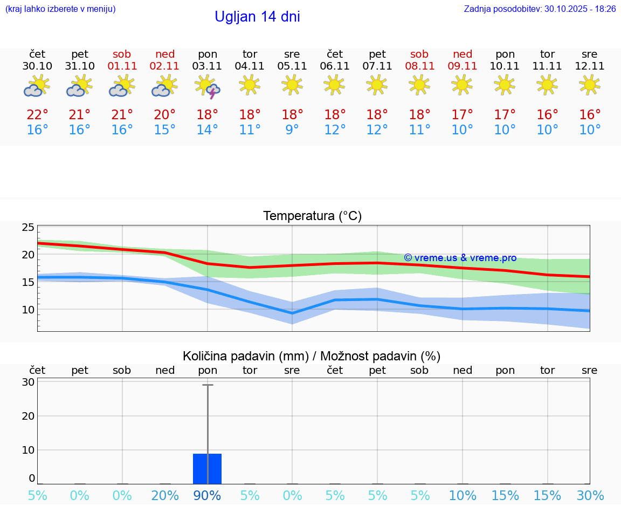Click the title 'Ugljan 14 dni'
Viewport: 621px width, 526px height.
coord(257,17)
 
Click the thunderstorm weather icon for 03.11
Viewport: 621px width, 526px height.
coord(208,86)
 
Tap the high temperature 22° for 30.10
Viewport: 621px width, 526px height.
coord(37,115)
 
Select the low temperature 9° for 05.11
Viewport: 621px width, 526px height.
coord(292,130)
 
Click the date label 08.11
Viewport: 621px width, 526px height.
coord(419,66)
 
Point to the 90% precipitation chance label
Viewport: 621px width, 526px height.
coord(208,496)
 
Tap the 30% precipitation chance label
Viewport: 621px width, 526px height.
coord(590,496)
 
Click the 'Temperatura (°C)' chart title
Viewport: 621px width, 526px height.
coord(312,216)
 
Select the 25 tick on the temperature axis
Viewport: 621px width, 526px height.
coord(28,227)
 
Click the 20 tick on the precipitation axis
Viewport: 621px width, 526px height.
coord(28,416)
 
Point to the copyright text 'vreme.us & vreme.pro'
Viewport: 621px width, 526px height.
coord(460,258)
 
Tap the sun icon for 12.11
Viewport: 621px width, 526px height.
coord(590,85)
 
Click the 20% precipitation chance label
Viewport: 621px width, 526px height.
coord(165,496)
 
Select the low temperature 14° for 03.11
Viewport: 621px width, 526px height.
coord(208,130)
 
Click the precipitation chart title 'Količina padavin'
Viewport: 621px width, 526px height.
coord(312,356)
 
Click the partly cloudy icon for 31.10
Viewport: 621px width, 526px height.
coord(79,86)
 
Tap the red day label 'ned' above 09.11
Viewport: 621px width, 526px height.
coord(463,54)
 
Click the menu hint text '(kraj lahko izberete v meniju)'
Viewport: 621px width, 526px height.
coord(60,9)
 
